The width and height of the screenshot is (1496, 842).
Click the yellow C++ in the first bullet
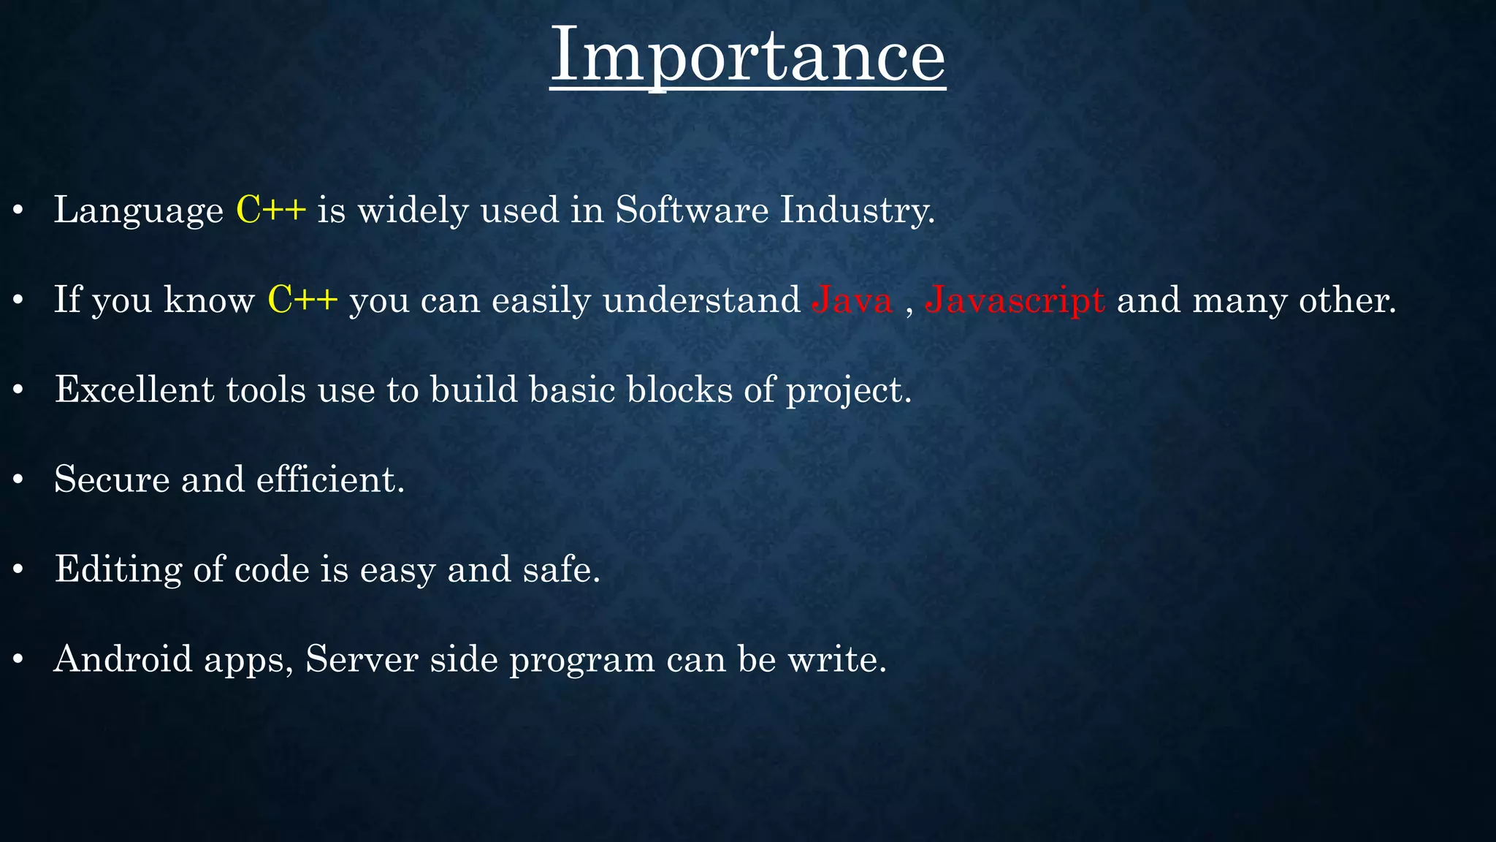[x=271, y=210]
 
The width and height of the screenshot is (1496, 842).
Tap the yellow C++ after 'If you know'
[x=302, y=300]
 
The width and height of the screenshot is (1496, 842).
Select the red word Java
[x=852, y=300]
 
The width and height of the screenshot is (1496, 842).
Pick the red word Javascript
[x=1015, y=300]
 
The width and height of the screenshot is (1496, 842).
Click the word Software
[x=692, y=210]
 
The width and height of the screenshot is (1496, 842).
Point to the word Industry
[x=857, y=210]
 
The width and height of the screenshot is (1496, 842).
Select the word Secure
[x=112, y=479]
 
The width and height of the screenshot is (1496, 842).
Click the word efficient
[x=329, y=479]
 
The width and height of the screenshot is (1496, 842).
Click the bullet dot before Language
[x=19, y=212]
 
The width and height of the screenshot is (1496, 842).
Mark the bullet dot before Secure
[x=19, y=481]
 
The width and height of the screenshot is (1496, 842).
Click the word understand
[x=701, y=300]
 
